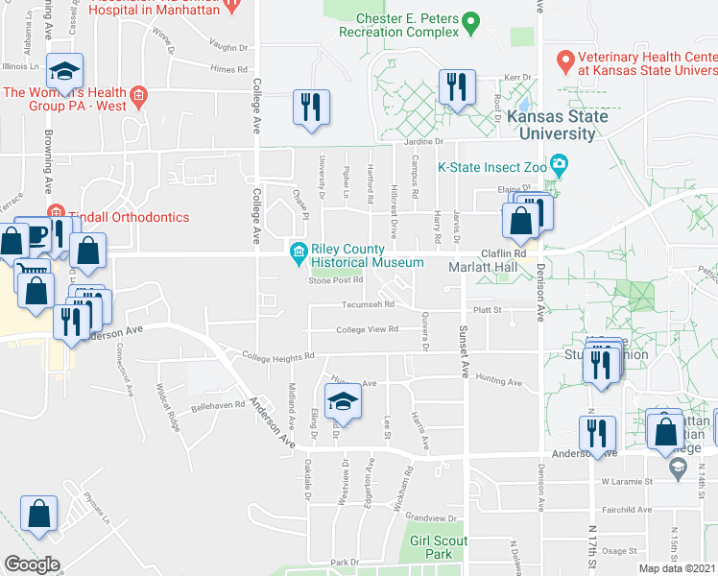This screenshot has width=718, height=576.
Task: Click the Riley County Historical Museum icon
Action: coord(299,253)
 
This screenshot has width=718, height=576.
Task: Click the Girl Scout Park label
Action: coord(438,547)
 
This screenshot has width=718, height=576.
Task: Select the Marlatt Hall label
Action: coord(483,268)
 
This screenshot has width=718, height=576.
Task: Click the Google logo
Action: coord(32,564)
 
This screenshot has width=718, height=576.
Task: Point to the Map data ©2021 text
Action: coord(677,568)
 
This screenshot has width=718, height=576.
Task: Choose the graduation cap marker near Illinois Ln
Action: coord(65,72)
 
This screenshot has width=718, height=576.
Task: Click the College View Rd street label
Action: coord(367,330)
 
